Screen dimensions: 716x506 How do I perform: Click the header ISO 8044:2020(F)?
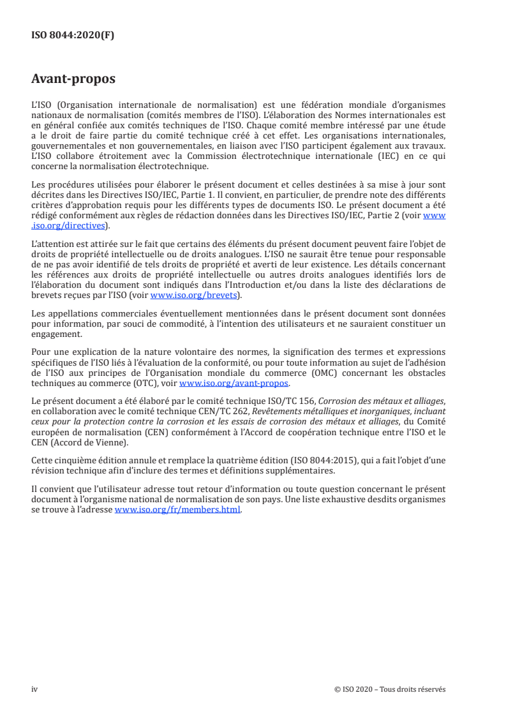point(73,36)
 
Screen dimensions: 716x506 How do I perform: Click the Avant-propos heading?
point(73,79)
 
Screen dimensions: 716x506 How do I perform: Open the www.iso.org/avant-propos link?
point(234,383)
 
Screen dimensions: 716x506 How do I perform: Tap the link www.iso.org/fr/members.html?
point(178,511)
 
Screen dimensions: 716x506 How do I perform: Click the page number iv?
point(35,689)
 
